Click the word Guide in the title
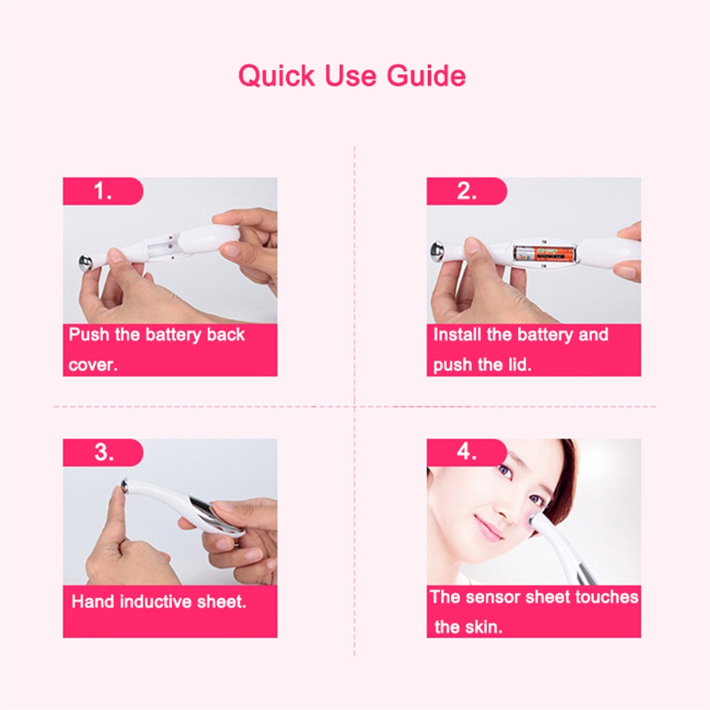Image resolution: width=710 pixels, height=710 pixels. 426,76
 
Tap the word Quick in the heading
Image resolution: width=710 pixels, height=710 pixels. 276,76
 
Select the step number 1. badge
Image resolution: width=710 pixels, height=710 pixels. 103,191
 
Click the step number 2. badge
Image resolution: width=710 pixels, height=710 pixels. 466,191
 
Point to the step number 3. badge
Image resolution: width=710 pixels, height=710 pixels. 103,452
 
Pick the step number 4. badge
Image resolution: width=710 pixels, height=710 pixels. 466,452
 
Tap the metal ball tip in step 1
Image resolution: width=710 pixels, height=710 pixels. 85,263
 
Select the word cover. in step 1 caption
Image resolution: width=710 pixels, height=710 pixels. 93,365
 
